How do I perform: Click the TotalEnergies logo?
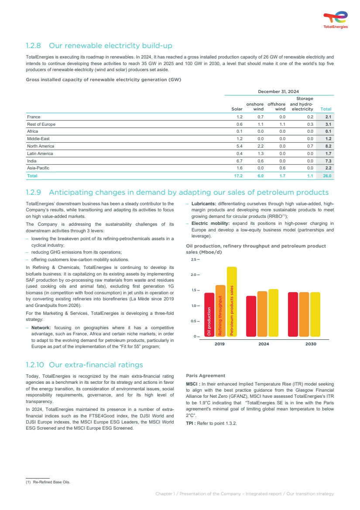(335, 20)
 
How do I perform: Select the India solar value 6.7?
(239, 161)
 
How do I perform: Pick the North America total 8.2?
(328, 146)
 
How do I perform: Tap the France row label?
(34, 117)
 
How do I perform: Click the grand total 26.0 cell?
(327, 176)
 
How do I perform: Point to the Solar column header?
(237, 109)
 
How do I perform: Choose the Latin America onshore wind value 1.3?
(261, 153)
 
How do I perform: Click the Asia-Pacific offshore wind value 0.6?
(282, 168)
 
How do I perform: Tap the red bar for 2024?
(251, 316)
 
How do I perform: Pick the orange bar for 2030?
(304, 314)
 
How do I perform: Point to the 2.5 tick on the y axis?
(194, 260)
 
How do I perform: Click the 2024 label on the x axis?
(263, 344)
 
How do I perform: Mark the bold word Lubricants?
(204, 203)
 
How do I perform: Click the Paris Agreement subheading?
(206, 376)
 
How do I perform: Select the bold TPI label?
(190, 423)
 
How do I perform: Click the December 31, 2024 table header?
(278, 91)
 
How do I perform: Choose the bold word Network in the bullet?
(41, 327)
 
